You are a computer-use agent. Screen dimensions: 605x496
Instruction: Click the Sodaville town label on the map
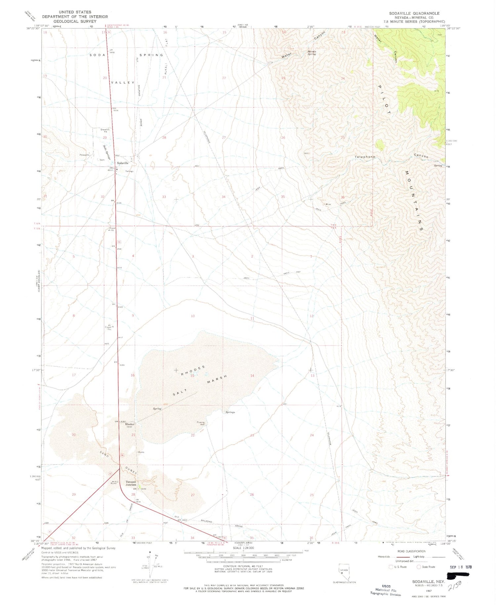point(122,163)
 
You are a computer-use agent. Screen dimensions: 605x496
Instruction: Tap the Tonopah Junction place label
point(131,483)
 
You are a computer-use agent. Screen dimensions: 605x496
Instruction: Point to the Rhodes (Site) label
point(130,425)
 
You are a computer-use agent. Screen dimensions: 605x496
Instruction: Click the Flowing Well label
point(201,423)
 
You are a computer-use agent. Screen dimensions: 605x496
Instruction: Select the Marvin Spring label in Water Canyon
point(312,53)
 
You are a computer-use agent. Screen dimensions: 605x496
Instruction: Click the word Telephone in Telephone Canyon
point(365,157)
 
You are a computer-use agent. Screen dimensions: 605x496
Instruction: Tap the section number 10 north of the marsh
point(193,316)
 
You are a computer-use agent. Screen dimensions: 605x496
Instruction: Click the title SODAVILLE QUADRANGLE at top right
point(414,13)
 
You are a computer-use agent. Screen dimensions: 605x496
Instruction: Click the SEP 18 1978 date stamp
point(461,567)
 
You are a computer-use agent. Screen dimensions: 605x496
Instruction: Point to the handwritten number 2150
point(454,586)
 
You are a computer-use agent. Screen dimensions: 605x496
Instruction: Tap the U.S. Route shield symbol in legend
point(391,567)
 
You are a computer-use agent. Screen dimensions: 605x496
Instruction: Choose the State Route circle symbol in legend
point(419,567)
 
